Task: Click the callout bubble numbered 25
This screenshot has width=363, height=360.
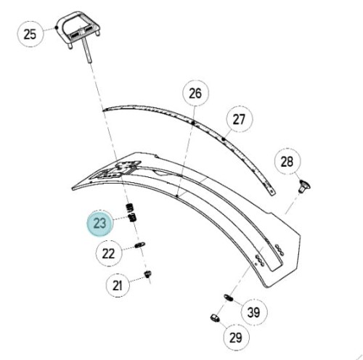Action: pos(30,34)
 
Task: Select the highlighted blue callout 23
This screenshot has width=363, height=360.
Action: pos(99,223)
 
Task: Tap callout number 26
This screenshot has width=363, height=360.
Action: pos(195,94)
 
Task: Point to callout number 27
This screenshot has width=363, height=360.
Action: pos(239,119)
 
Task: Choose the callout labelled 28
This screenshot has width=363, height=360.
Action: pos(287,161)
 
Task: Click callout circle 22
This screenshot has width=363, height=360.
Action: pos(108,253)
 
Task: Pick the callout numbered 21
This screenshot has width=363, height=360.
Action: pos(118,285)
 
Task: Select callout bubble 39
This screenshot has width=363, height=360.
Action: pos(254,312)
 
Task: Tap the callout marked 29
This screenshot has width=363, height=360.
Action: pos(235,337)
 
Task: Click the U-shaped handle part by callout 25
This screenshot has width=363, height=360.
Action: pos(78,30)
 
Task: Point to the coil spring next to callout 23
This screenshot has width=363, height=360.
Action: pos(131,213)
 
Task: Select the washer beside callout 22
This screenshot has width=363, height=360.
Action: pos(139,245)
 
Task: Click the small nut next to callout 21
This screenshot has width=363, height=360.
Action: pos(147,274)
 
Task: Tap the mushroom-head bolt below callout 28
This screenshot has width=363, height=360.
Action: pos(304,187)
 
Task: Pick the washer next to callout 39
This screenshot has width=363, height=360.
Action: pos(228,298)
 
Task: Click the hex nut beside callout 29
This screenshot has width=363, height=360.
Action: pos(215,318)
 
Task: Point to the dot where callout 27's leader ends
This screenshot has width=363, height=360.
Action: pos(224,139)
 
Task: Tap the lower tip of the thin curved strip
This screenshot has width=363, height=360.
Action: pos(273,193)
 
